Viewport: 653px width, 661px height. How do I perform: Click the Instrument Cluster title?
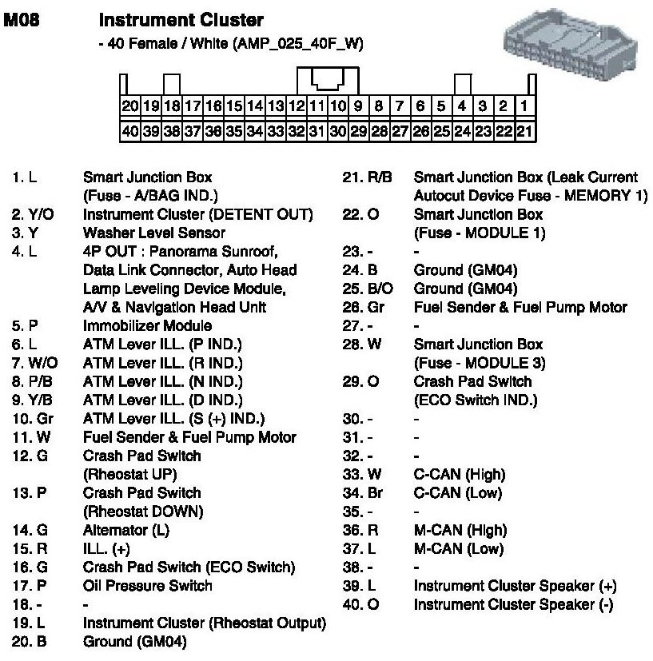pyautogui.click(x=180, y=18)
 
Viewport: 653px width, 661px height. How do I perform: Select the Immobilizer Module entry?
pyautogui.click(x=147, y=325)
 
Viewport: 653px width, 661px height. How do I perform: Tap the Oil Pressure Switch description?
pyautogui.click(x=147, y=586)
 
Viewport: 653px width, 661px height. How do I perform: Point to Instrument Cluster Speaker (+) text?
pyautogui.click(x=515, y=586)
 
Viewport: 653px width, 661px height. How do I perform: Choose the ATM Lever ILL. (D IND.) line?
pyautogui.click(x=173, y=400)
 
